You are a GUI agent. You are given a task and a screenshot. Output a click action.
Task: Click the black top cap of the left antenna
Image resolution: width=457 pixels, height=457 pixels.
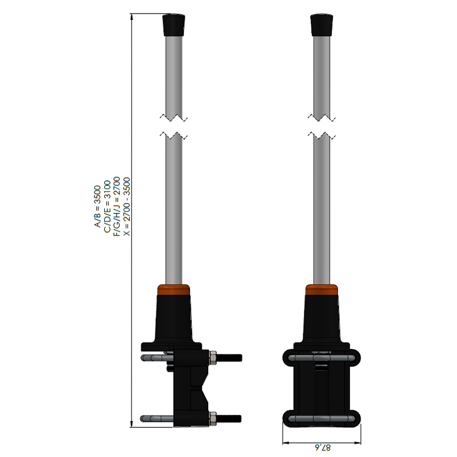(174, 25)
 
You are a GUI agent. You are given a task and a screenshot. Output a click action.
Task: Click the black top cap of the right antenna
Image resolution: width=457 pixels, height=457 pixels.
(322, 25)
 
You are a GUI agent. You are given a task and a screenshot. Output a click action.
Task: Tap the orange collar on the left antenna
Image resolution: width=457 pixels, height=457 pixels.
(174, 290)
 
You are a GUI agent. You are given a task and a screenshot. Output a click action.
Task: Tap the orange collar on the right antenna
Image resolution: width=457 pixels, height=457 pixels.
(322, 290)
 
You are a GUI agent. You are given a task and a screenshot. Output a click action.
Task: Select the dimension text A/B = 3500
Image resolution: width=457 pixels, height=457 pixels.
(97, 206)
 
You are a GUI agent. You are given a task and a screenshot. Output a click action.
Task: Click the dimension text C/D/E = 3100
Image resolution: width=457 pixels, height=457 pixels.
(107, 207)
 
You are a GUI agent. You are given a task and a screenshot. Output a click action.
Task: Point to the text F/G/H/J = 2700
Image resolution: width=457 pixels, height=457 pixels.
(117, 206)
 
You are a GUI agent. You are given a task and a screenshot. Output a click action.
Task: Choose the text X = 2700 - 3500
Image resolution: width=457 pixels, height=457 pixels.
(126, 207)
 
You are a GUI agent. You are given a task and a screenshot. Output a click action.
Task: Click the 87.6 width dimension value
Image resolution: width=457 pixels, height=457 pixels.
(323, 447)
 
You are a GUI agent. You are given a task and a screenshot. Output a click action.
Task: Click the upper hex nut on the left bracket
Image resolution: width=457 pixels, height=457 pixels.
(213, 357)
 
